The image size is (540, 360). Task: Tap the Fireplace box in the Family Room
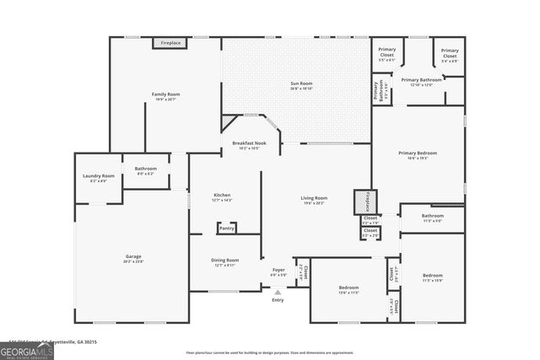170,43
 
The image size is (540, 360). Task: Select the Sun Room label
301,83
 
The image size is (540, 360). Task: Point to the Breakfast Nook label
250,144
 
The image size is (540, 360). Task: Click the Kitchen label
221,196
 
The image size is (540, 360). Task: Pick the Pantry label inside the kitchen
227,228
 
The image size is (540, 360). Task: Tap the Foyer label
278,271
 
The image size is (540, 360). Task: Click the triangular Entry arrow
278,292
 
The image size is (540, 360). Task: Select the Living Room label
314,198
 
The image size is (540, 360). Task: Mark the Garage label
133,256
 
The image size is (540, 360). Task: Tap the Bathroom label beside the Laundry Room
145,169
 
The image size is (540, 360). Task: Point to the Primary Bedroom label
418,153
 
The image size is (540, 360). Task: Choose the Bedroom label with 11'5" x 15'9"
432,276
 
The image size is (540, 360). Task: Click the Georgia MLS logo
27,350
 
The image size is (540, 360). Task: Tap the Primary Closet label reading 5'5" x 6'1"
387,51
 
